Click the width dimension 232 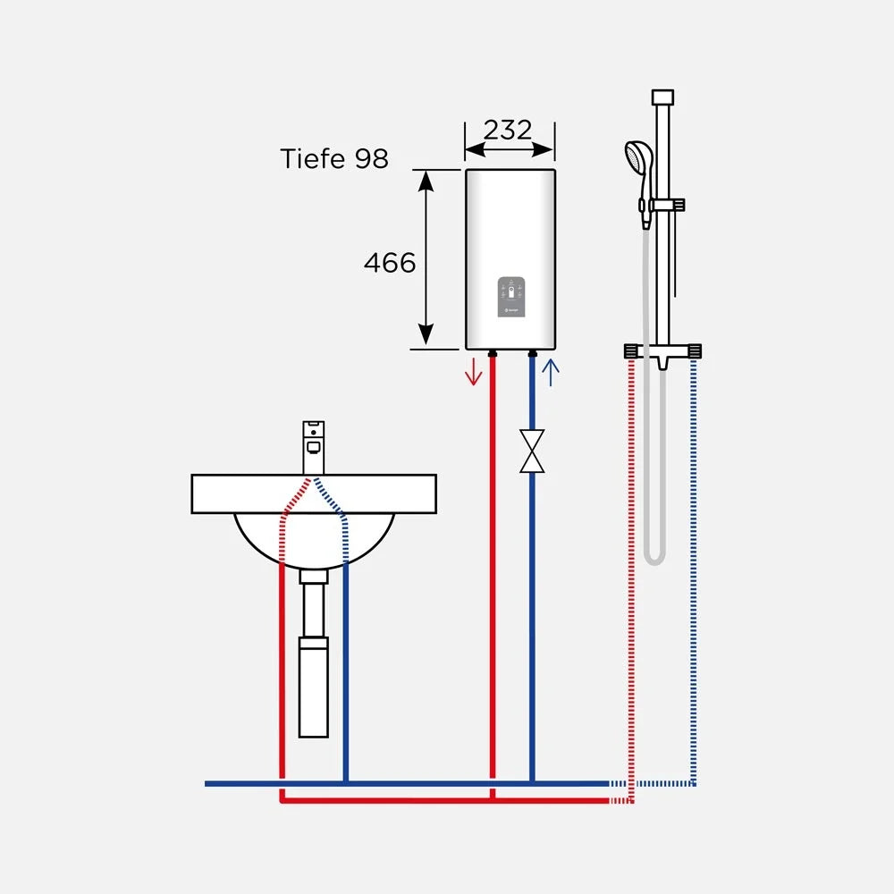[x=508, y=130]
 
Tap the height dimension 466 [x=390, y=263]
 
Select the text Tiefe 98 [x=334, y=158]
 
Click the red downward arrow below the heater [x=473, y=372]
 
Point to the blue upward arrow [x=550, y=372]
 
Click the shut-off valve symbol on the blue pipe [x=532, y=451]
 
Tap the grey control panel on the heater [x=511, y=297]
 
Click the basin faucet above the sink [x=313, y=448]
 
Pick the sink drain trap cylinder [x=314, y=687]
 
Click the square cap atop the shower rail [x=662, y=97]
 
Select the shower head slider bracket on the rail [x=666, y=206]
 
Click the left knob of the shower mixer [x=630, y=350]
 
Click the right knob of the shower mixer [x=695, y=350]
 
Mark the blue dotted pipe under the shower [x=694, y=570]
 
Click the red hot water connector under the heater [x=493, y=354]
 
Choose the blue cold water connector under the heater [x=533, y=354]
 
